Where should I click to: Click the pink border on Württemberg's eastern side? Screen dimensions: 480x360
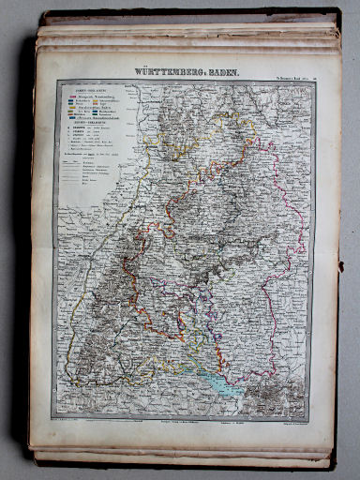click(x=298, y=234)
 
